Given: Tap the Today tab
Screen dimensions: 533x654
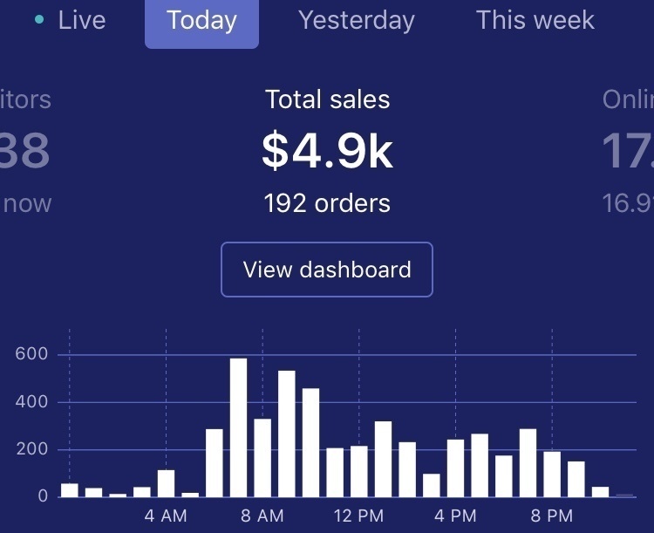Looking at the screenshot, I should point(201,20).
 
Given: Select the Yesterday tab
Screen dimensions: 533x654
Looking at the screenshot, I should point(356,20).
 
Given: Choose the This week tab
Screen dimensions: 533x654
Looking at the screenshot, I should point(535,20).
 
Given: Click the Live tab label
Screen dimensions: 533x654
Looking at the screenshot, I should point(82,20).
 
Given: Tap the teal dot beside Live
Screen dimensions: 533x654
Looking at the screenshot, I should point(39,18).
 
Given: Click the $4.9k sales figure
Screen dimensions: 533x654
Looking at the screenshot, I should point(327,151).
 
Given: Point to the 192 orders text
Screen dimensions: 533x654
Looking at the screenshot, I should point(327,203).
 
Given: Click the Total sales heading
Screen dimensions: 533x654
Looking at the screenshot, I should point(327,99).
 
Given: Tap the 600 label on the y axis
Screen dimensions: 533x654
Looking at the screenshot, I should point(31,355).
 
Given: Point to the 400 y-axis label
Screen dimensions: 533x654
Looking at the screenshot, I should point(31,403).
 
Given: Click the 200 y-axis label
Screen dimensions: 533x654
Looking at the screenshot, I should point(31,450).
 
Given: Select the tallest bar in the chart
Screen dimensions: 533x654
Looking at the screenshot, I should point(238,427).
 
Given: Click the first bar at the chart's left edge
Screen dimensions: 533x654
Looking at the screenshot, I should point(70,490).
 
